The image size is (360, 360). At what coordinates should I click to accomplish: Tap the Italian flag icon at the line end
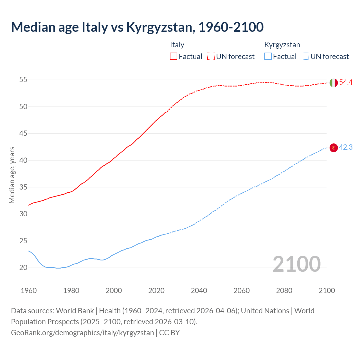pyautogui.click(x=333, y=83)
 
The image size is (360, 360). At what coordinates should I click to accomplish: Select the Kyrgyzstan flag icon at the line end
pyautogui.click(x=333, y=148)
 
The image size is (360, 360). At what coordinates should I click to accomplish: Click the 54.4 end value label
pyautogui.click(x=346, y=82)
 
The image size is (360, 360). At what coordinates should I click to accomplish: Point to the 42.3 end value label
pyautogui.click(x=346, y=147)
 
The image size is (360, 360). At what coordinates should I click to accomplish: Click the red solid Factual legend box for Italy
pyautogui.click(x=174, y=57)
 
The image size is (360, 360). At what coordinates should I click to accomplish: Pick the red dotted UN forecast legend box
pyautogui.click(x=211, y=57)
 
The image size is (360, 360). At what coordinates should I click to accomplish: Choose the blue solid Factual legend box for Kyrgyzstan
pyautogui.click(x=268, y=57)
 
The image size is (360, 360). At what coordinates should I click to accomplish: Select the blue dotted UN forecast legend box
pyautogui.click(x=305, y=57)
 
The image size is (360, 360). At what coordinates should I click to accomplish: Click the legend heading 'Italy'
pyautogui.click(x=177, y=45)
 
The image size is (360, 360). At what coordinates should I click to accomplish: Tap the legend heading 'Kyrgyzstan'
pyautogui.click(x=282, y=45)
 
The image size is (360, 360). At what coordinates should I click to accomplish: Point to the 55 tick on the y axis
pyautogui.click(x=23, y=80)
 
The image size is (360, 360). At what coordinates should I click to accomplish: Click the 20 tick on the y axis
pyautogui.click(x=23, y=268)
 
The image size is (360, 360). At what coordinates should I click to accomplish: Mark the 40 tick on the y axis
pyautogui.click(x=23, y=160)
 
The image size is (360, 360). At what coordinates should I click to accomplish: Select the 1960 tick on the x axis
pyautogui.click(x=29, y=291)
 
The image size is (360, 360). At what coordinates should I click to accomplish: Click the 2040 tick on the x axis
pyautogui.click(x=199, y=291)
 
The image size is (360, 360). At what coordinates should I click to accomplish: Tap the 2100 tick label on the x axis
pyautogui.click(x=327, y=291)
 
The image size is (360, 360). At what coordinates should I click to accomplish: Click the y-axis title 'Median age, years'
pyautogui.click(x=12, y=175)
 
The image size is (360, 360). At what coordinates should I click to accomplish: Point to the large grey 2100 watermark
pyautogui.click(x=296, y=264)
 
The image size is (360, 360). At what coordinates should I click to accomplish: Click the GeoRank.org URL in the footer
pyautogui.click(x=82, y=333)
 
